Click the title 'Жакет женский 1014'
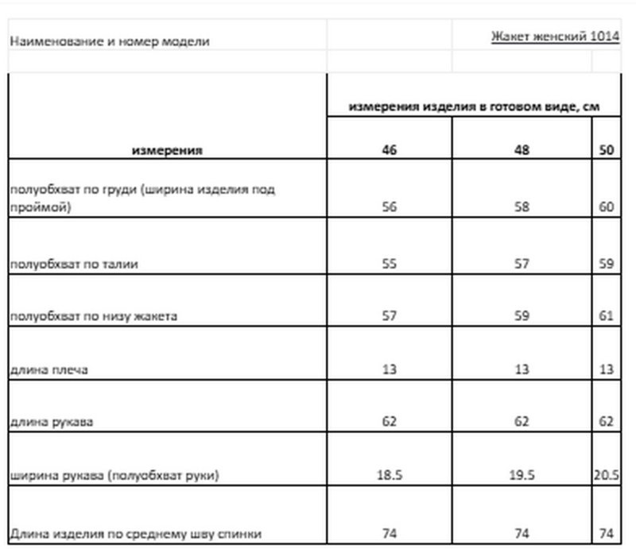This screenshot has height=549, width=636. click(x=556, y=37)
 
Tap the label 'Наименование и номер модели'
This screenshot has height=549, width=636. click(x=109, y=41)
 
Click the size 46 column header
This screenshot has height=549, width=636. click(x=389, y=149)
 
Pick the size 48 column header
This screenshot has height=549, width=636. click(x=522, y=149)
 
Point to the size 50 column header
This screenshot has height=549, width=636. click(x=607, y=149)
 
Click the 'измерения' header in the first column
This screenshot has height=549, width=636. click(x=167, y=149)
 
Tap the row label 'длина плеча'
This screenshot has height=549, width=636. click(x=50, y=369)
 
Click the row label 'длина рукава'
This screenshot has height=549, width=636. click(x=52, y=422)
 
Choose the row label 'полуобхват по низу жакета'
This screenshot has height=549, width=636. click(x=93, y=316)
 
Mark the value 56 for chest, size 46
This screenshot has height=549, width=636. click(x=389, y=207)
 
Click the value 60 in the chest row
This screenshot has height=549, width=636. click(x=607, y=207)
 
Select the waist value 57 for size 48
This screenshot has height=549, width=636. click(x=522, y=264)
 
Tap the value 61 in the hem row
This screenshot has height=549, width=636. click(x=607, y=316)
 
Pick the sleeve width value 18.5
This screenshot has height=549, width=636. click(x=389, y=475)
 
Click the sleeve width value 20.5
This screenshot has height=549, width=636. click(x=607, y=475)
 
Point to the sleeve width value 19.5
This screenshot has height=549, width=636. click(x=522, y=475)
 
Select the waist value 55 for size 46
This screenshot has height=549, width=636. click(x=389, y=264)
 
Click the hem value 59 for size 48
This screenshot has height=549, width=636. click(x=522, y=316)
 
